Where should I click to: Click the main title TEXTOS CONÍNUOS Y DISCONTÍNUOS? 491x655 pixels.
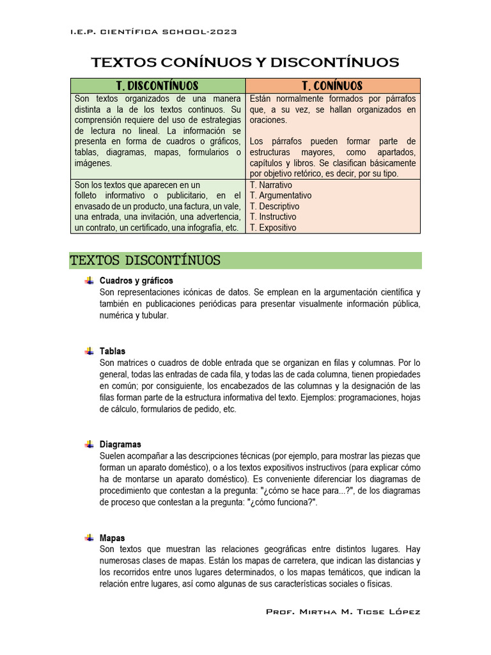point(245,62)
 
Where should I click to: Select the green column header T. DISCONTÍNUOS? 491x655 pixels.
point(157,86)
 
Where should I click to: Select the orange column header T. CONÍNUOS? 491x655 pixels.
point(332,86)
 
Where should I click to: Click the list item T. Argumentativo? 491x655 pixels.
point(281,196)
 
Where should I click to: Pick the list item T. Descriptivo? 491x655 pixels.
point(274,207)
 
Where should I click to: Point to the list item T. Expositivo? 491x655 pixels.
point(273,228)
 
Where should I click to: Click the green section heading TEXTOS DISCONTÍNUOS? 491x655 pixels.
point(146,260)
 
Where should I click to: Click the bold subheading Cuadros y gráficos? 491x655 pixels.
point(136,281)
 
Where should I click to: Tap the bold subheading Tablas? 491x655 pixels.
point(113,351)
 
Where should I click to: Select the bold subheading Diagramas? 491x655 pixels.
point(120,445)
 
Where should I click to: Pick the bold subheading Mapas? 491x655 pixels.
point(113,538)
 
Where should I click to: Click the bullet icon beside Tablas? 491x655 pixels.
point(89,351)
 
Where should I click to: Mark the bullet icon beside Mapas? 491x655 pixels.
point(89,538)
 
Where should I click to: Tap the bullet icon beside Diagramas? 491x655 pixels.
point(89,445)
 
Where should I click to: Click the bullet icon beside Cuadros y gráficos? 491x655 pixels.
point(89,281)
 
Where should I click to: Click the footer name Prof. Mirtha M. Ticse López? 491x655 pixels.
point(343,612)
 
